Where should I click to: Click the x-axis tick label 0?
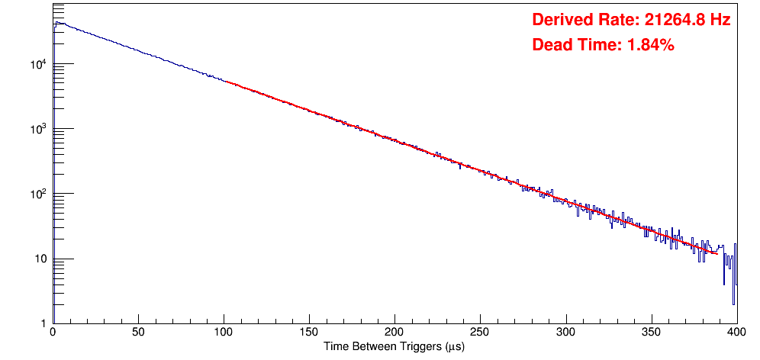coord(52,333)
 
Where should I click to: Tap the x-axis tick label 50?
coord(138,333)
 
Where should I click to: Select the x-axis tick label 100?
coord(224,333)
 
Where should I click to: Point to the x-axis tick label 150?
coord(309,333)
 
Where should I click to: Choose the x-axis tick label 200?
coord(394,333)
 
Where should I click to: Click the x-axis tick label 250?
coord(480,333)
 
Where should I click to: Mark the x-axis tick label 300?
coord(565,333)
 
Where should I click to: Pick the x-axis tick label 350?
coord(651,333)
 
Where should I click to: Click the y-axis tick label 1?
coord(43,324)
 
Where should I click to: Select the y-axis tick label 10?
coord(40,259)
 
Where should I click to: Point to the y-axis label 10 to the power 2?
coord(39,194)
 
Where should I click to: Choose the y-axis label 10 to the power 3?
coord(39,129)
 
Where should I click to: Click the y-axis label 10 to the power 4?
coord(39,64)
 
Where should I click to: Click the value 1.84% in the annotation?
coord(651,46)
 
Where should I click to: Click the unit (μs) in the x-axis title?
coord(452,347)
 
